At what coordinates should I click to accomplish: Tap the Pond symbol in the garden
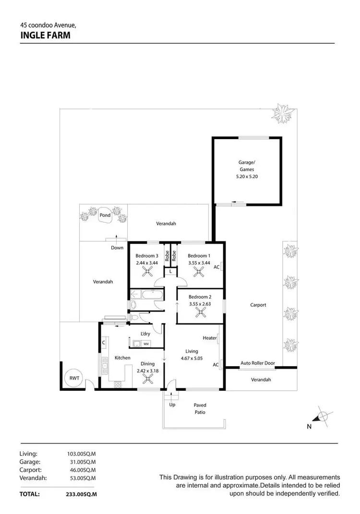[105, 215]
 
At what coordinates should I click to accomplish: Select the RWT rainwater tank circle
[74, 378]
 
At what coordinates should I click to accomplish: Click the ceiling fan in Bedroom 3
[147, 272]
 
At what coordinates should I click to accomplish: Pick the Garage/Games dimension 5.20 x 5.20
[247, 177]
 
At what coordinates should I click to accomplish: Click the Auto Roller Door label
[257, 363]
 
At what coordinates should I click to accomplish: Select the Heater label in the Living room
[209, 338]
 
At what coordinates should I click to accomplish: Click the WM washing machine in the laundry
[146, 344]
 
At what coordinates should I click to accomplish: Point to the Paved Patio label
[200, 408]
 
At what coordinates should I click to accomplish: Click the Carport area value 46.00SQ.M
[82, 470]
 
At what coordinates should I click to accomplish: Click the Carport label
[258, 305]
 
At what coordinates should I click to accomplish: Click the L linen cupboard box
[170, 272]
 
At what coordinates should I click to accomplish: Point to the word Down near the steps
[117, 248]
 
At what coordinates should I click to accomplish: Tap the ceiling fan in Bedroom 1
[199, 272]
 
